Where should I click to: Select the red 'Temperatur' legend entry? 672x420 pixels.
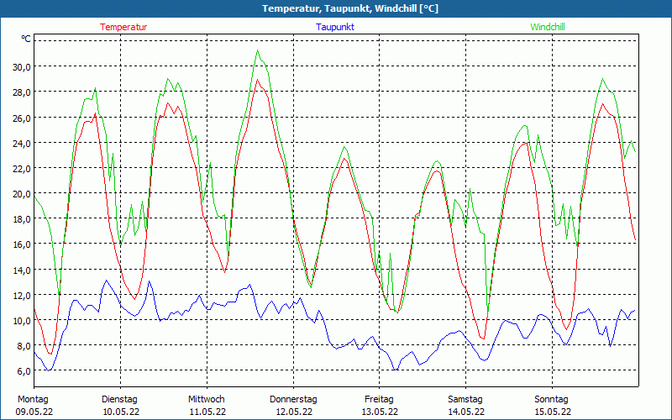tap(123, 27)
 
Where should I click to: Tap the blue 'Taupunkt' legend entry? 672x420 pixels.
tap(335, 27)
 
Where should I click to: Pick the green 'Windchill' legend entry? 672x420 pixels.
tap(548, 27)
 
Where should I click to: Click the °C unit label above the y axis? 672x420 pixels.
tap(26, 39)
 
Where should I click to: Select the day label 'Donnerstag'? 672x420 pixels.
tap(293, 399)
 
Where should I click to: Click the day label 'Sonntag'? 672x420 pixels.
tap(552, 399)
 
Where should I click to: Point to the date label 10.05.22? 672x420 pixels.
tap(120, 412)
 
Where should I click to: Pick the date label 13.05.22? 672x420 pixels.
tap(380, 412)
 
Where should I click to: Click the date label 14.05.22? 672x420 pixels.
tap(465, 412)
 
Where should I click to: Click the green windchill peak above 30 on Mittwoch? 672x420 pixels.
tap(258, 50)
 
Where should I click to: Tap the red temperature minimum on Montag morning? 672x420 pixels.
tap(50, 353)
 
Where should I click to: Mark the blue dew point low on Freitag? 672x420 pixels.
tap(395, 370)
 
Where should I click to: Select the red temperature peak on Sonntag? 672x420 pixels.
tap(603, 104)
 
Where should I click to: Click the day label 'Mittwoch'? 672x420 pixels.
tap(207, 399)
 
